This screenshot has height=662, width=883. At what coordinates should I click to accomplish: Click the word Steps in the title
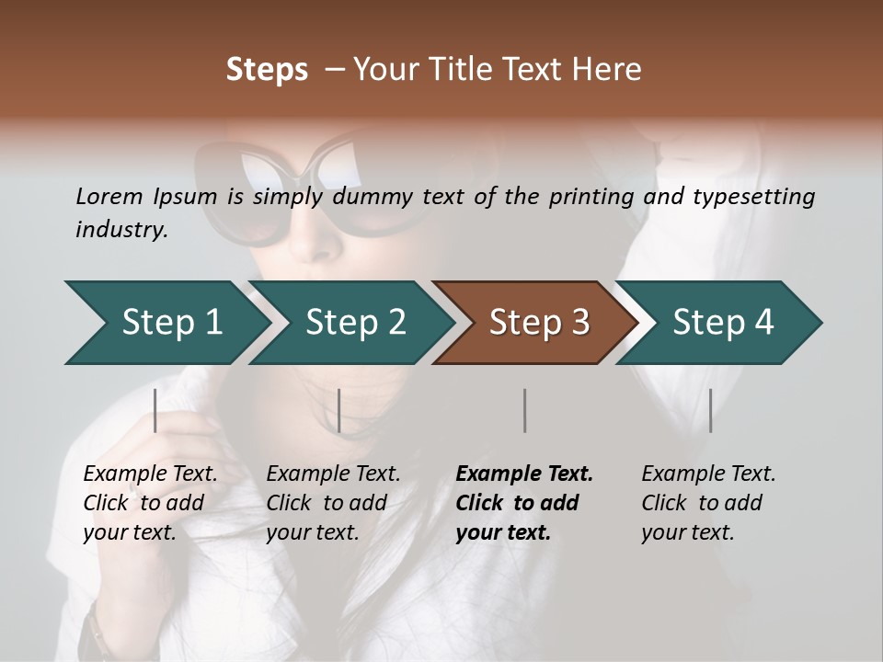267,70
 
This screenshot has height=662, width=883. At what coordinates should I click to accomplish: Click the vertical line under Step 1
155,410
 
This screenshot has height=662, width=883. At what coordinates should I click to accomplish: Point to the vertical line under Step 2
339,410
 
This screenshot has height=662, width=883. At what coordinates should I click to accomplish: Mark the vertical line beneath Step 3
525,410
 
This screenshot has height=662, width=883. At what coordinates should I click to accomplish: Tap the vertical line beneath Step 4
710,410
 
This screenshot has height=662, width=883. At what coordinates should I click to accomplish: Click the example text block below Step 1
150,503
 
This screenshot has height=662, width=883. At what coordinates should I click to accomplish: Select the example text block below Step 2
333,503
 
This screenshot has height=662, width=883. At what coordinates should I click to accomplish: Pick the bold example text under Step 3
524,503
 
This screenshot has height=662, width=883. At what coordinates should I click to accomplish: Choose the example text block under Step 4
708,503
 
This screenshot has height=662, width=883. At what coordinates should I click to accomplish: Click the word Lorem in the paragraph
109,197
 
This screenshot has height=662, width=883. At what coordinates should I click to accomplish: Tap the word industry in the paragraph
120,230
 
